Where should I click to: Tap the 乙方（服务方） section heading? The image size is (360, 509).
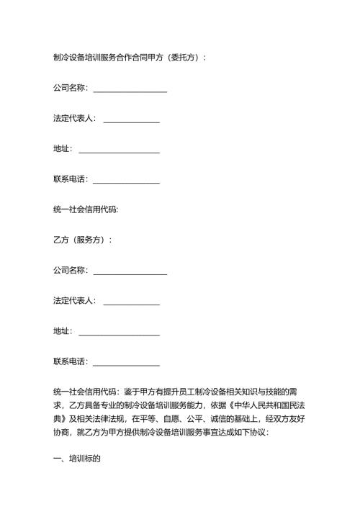[x=82, y=240]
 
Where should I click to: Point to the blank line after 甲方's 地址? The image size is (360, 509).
[x=119, y=149]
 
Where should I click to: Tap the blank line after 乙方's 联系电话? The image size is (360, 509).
[x=126, y=361]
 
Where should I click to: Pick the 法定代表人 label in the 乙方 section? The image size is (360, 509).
[x=74, y=300]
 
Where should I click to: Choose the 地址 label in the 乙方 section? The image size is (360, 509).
[x=62, y=331]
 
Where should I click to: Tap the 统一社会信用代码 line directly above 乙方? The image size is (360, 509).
[x=86, y=210]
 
